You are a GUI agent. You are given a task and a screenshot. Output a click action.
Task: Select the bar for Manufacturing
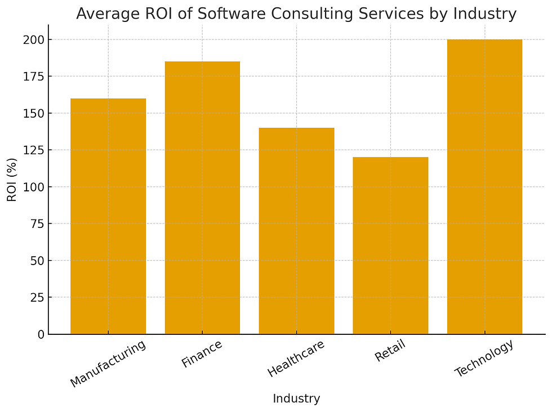pyautogui.click(x=108, y=216)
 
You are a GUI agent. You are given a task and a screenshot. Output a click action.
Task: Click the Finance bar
pyautogui.click(x=202, y=198)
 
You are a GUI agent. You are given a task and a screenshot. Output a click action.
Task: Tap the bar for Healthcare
pyautogui.click(x=296, y=231)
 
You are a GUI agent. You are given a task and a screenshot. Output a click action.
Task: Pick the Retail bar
pyautogui.click(x=390, y=245)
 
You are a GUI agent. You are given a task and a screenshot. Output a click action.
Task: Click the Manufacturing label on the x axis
pyautogui.click(x=108, y=363)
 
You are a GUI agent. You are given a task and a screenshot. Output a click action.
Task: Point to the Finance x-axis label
pyautogui.click(x=202, y=353)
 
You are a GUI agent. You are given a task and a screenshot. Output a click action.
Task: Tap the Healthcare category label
pyautogui.click(x=296, y=359)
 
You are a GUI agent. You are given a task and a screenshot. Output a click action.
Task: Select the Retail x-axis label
pyautogui.click(x=390, y=350)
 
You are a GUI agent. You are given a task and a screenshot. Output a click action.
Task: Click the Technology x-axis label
pyautogui.click(x=484, y=359)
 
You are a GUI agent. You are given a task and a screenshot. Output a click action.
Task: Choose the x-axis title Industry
pyautogui.click(x=296, y=399)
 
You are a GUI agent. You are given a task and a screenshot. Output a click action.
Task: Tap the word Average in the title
pyautogui.click(x=104, y=14)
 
